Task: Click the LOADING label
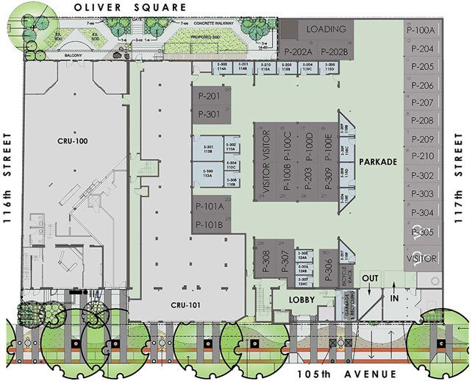click(326, 29)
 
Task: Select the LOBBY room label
click(302, 300)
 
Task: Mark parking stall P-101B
click(210, 224)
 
